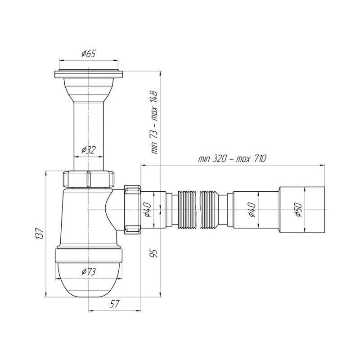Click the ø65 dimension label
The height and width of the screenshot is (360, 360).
tap(88, 54)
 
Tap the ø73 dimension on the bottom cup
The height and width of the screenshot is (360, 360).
tap(88, 271)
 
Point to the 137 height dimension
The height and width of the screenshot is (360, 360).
tap(40, 234)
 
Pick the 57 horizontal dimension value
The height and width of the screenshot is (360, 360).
tap(115, 304)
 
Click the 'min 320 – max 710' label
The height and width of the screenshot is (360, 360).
tap(232, 158)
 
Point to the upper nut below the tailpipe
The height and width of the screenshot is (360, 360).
tap(88, 179)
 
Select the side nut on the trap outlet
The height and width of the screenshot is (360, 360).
tap(131, 209)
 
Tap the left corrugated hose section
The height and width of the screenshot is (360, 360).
tap(188, 210)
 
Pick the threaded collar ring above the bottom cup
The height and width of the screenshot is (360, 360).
tap(88, 255)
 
